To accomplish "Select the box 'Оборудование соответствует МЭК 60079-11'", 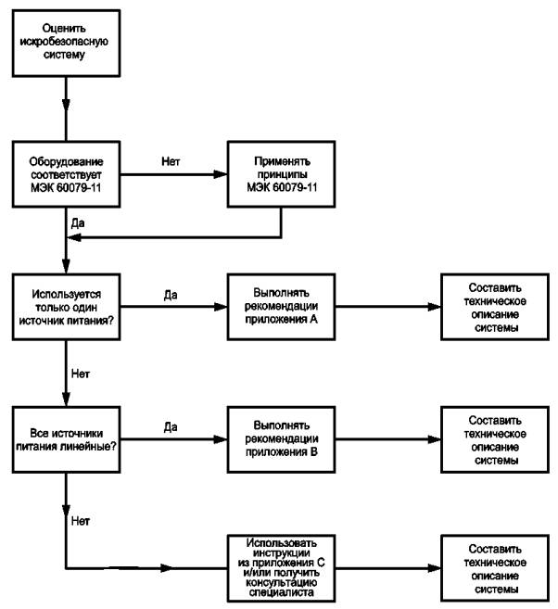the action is pos(66,174).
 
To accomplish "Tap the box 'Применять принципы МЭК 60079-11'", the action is pos(281,174).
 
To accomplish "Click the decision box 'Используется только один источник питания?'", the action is pos(66,307).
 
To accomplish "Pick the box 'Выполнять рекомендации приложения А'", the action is pos(281,307).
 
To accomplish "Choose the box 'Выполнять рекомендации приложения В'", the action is pos(281,439).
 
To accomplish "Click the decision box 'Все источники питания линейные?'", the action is pos(66,439).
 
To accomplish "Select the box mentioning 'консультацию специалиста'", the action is pos(281,568).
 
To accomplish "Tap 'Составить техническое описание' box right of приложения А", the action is pos(495,307).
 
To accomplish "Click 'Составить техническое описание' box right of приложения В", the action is pos(495,439).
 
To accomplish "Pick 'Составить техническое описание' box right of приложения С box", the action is pos(495,568).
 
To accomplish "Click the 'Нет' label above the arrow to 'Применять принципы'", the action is pos(171,161).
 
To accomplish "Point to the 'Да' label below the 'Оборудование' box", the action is pos(78,223).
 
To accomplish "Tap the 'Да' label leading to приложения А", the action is pos(171,295).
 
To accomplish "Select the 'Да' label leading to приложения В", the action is pos(171,427).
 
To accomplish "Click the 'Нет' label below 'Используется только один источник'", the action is pos(81,374).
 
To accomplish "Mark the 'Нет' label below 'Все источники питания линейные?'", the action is pos(81,521).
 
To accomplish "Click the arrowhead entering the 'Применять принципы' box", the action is pos(221,174).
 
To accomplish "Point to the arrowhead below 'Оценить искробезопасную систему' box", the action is pos(66,105).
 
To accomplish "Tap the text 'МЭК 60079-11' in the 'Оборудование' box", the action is pos(66,187).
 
